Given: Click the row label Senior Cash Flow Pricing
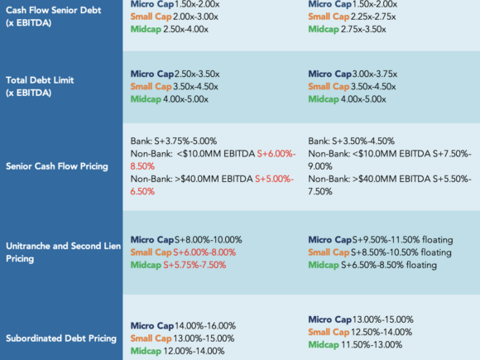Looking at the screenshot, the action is click(x=57, y=166).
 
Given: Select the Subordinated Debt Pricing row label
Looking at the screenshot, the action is click(x=61, y=338).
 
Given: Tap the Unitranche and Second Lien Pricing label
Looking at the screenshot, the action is click(x=64, y=252).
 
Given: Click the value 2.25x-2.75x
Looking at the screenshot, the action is click(x=373, y=17).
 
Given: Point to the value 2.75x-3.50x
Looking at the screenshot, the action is click(x=363, y=30).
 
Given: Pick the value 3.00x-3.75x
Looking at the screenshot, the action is click(x=375, y=74).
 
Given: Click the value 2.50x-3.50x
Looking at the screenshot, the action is click(x=197, y=74).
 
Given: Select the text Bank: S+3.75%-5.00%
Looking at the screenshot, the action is click(x=174, y=142).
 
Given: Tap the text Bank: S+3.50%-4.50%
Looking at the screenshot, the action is click(x=351, y=142).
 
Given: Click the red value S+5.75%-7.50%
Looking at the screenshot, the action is click(x=194, y=265).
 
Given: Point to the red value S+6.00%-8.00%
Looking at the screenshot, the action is click(x=204, y=252).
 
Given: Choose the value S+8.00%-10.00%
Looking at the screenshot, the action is click(x=209, y=240).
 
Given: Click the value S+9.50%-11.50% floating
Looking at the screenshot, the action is click(x=402, y=240).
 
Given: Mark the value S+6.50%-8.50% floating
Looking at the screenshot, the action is click(x=389, y=265).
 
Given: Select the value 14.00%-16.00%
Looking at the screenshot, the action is click(x=204, y=326).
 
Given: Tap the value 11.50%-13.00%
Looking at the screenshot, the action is click(x=372, y=345).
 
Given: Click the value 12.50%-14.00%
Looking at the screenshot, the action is click(x=382, y=332).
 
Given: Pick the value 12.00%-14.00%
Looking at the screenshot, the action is click(x=194, y=351).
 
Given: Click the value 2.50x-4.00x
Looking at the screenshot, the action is click(x=186, y=30).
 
